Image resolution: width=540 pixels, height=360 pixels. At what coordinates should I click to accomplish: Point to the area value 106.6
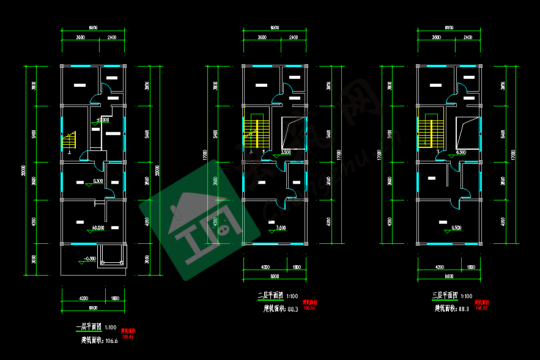pos(112,340)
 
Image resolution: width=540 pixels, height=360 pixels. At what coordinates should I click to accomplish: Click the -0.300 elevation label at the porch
pos(88,259)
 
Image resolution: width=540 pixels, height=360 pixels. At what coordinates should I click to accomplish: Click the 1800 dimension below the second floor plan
pos(296,267)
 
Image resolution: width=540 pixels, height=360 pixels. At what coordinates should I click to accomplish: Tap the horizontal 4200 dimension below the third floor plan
pos(439,267)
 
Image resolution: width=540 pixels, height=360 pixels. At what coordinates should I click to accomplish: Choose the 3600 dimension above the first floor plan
pos(80,38)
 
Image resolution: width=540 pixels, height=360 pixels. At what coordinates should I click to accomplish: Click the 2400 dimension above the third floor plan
pos(468,38)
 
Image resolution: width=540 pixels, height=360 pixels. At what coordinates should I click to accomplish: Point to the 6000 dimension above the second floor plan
pos(275,28)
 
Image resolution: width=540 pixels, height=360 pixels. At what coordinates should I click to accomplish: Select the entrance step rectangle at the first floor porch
pos(112,255)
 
